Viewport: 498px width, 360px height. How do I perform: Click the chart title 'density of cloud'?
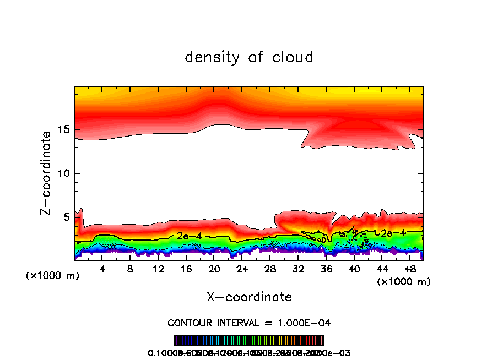[249, 57]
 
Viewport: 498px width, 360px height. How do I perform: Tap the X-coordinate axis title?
[249, 297]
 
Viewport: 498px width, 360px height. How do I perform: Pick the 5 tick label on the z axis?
[66, 217]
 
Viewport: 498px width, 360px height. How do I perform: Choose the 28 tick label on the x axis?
[270, 269]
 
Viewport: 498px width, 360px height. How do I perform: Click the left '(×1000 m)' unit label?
[53, 276]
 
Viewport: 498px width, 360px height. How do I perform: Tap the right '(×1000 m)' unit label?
[404, 282]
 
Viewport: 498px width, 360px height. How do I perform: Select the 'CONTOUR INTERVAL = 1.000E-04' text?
[249, 322]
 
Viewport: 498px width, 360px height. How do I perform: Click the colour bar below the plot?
[249, 340]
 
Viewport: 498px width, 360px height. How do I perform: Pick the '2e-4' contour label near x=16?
[189, 236]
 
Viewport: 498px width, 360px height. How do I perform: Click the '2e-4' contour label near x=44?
[393, 233]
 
